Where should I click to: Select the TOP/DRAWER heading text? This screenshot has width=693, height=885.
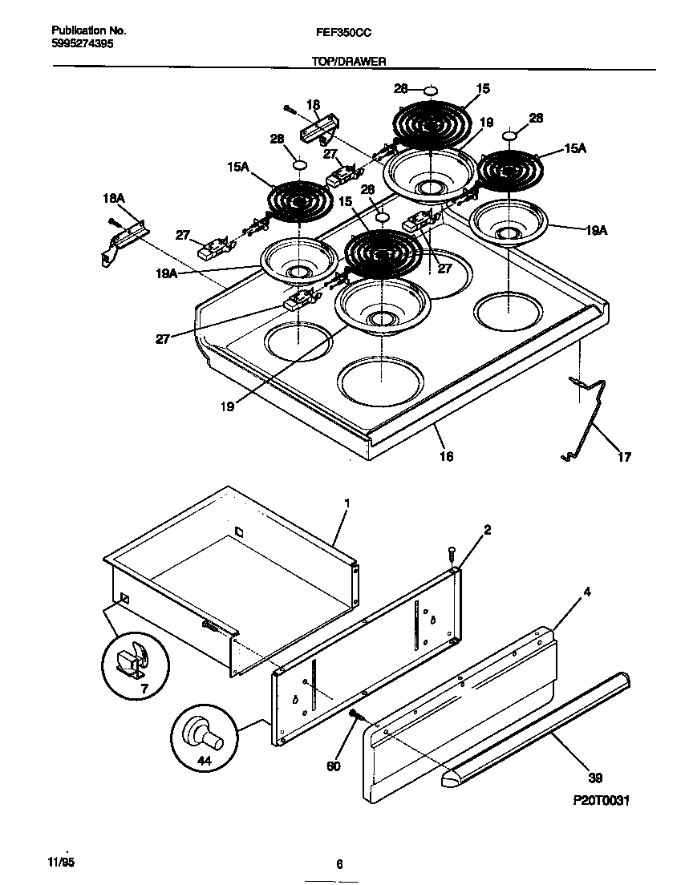(x=349, y=62)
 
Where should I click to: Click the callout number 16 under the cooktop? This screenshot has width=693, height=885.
(x=446, y=455)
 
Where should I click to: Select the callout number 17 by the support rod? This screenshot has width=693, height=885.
(x=623, y=457)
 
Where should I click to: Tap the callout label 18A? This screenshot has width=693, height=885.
(x=114, y=198)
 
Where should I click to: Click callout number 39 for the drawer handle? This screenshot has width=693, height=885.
(x=594, y=778)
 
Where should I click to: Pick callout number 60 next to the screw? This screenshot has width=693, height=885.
(x=334, y=766)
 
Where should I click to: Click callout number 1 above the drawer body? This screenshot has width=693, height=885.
(x=347, y=503)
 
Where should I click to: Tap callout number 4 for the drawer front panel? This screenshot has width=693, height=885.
(x=587, y=592)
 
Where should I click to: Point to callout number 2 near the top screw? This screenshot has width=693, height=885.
(x=488, y=529)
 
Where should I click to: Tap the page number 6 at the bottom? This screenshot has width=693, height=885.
(x=339, y=863)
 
